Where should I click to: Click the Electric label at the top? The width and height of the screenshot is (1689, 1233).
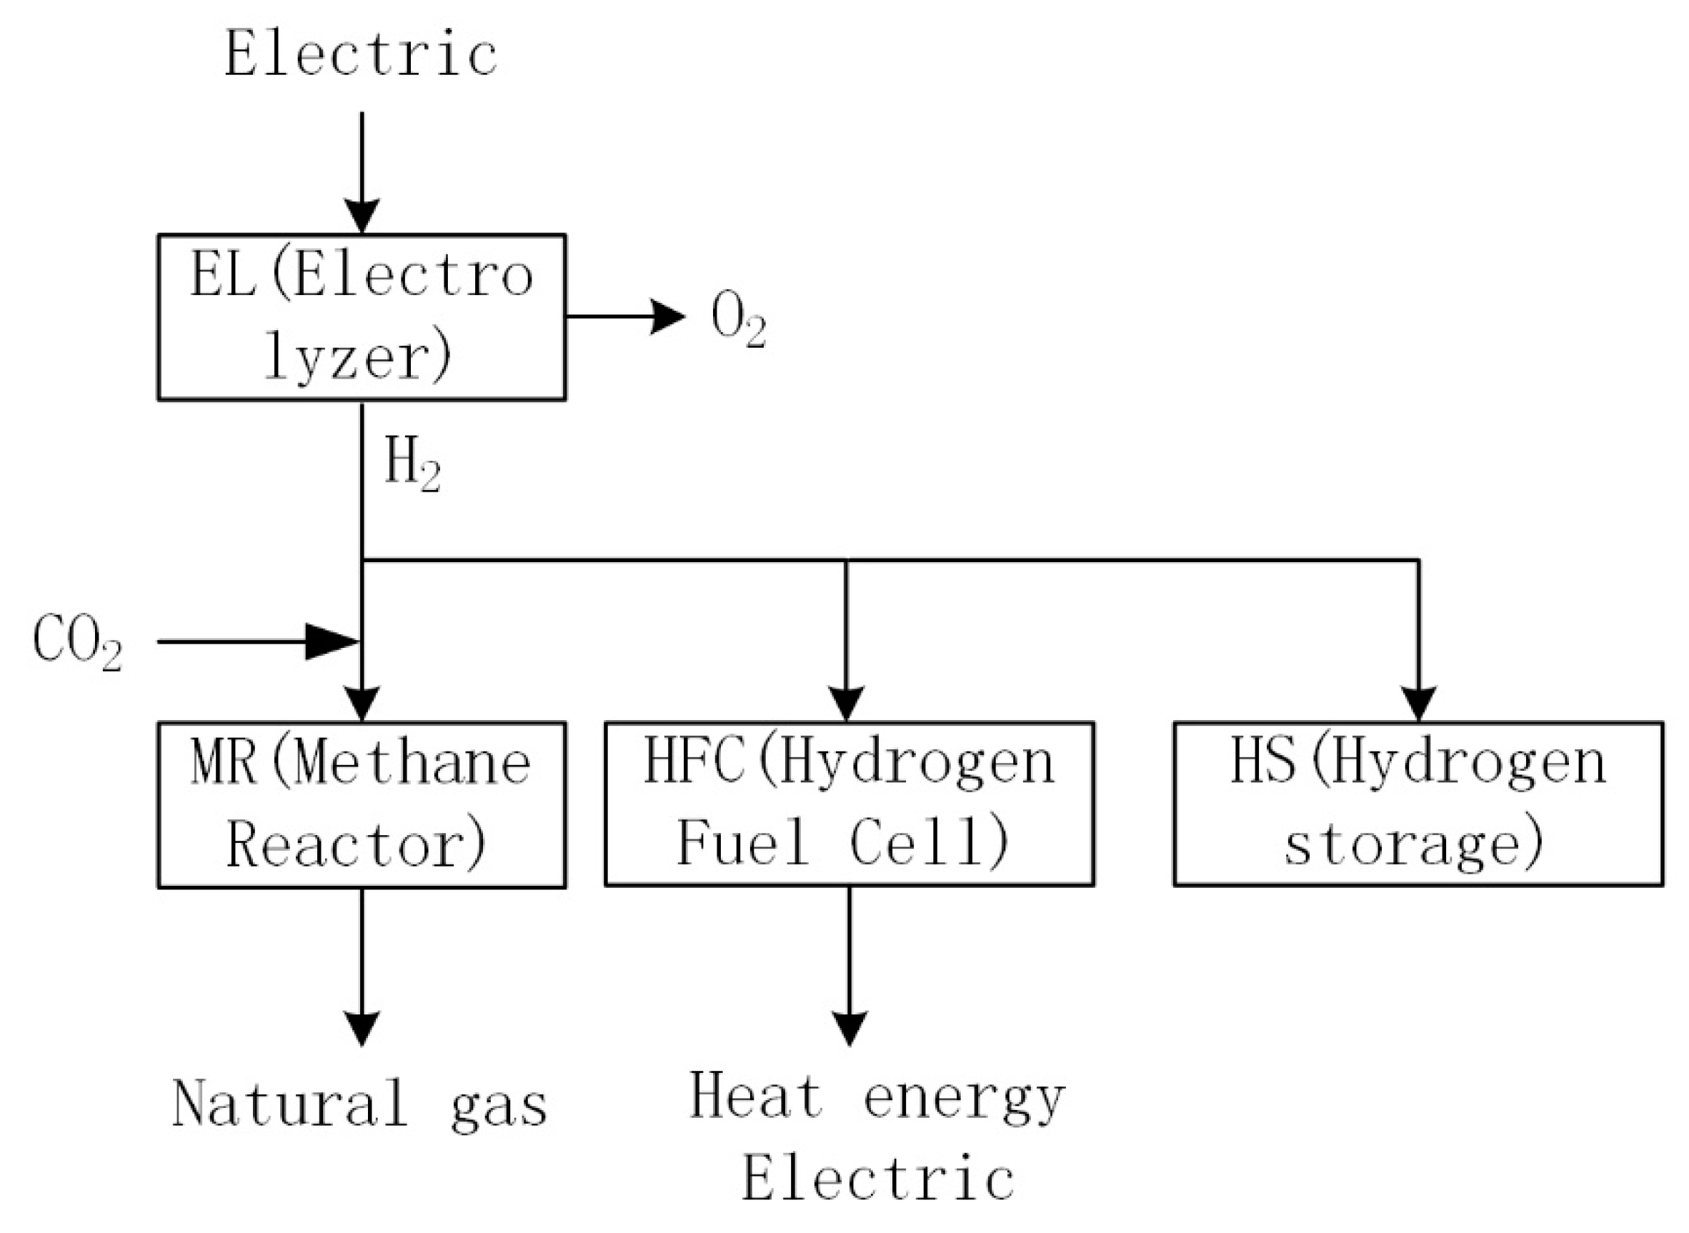[x=362, y=54]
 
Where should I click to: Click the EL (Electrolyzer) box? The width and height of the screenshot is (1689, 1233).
[x=362, y=317]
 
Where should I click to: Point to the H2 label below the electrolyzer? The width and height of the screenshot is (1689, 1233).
[x=412, y=464]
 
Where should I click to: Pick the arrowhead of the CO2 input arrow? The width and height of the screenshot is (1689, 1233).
[x=332, y=641]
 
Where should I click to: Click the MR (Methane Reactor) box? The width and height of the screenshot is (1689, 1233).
[x=362, y=804]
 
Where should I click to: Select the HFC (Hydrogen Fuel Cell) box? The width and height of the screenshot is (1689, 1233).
[x=849, y=804]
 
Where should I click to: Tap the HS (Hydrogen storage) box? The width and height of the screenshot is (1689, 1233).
[x=1418, y=804]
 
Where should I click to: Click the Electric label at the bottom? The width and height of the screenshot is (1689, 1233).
[x=877, y=1179]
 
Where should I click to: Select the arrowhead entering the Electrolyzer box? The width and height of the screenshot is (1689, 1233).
[x=362, y=216]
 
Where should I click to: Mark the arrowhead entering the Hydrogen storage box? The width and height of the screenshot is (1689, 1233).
[x=1418, y=704]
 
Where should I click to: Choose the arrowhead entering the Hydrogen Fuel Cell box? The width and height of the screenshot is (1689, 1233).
[x=846, y=704]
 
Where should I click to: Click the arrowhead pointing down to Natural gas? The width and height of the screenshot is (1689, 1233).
[x=362, y=1029]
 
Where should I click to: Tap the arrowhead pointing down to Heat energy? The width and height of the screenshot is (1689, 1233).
[x=849, y=1029]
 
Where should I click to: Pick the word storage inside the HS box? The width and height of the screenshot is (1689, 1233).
[x=1413, y=846]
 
